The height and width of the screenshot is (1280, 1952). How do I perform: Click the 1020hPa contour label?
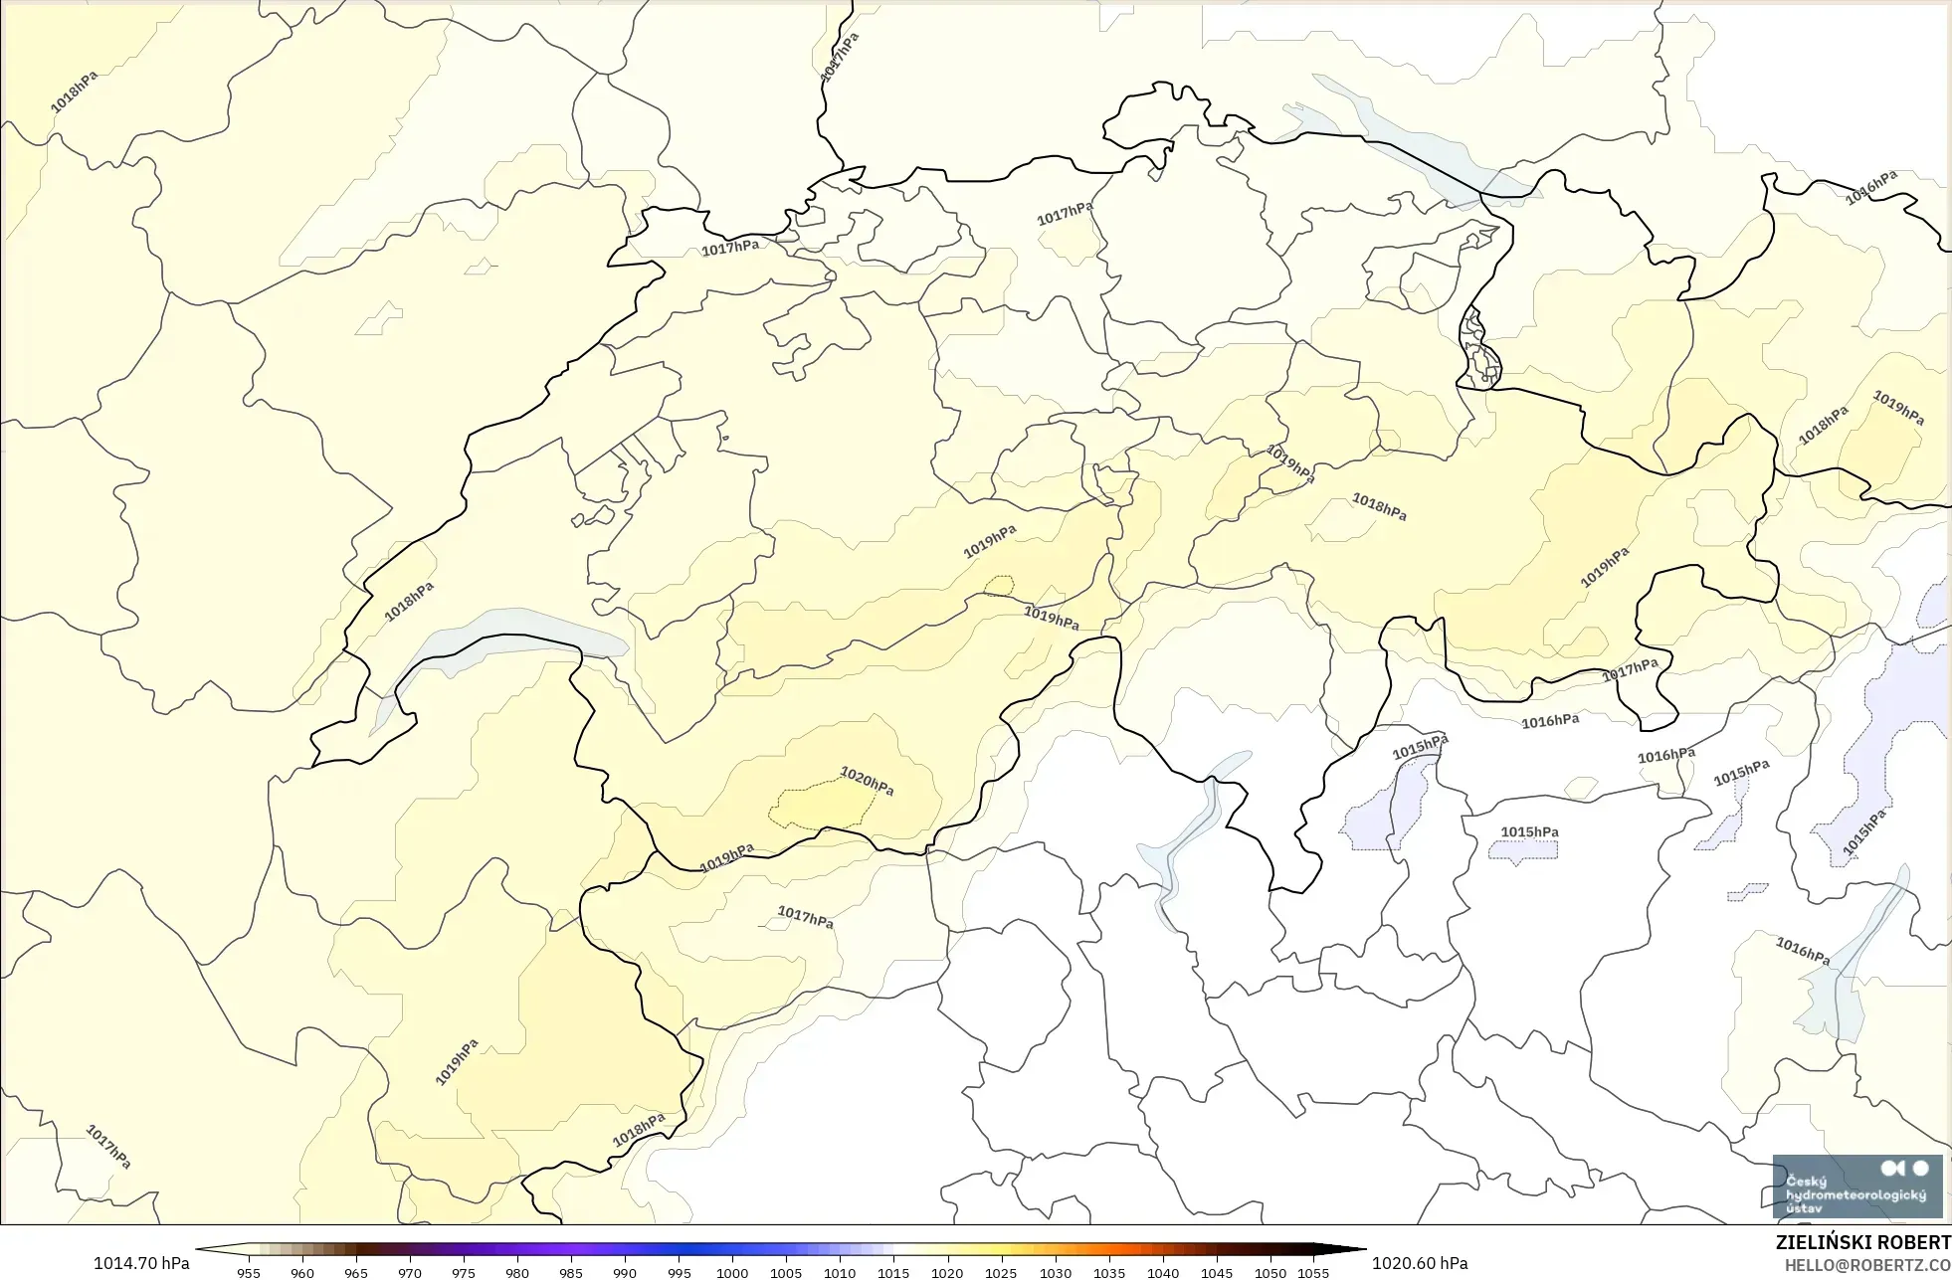tap(867, 781)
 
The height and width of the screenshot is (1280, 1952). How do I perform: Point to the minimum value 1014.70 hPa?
tap(141, 1263)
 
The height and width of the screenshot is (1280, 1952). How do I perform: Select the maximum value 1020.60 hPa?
tap(1420, 1263)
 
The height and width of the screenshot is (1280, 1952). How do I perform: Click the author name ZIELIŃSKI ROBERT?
tap(1862, 1242)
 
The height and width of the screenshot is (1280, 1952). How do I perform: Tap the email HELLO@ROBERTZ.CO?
tap(1866, 1265)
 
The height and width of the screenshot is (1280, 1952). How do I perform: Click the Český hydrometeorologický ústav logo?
tap(1856, 1187)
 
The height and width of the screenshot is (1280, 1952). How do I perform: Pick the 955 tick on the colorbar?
tap(249, 1273)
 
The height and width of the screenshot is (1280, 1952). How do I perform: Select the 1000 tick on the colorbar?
tap(732, 1273)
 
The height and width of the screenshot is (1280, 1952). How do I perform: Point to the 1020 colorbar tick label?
tap(947, 1273)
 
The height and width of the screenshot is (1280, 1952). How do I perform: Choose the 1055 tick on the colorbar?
tap(1313, 1273)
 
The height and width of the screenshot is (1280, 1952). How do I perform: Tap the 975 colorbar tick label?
tap(464, 1273)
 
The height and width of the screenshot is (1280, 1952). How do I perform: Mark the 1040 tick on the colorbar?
tap(1163, 1273)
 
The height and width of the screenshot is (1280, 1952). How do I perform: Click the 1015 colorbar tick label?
tap(893, 1273)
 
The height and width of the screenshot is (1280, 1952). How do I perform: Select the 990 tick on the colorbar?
tap(625, 1273)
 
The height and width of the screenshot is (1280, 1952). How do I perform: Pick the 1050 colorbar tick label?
tap(1270, 1273)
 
